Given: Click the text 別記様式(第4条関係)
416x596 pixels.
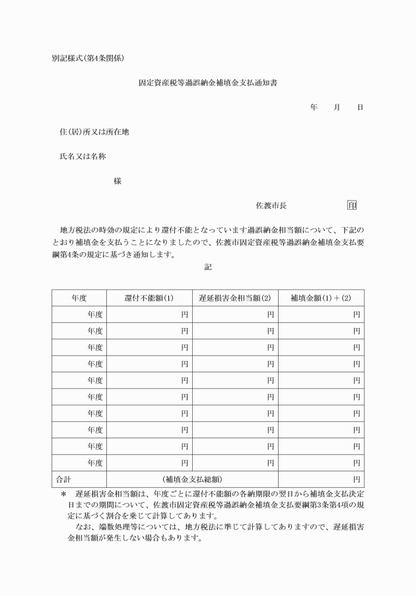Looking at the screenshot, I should [88, 57].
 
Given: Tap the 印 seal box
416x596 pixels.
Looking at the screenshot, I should [352, 205].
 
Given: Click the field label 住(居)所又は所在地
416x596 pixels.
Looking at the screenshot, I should [94, 131].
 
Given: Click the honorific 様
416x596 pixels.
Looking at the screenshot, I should [118, 181].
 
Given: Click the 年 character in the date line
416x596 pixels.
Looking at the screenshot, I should [314, 107].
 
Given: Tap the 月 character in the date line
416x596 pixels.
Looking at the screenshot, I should [337, 107].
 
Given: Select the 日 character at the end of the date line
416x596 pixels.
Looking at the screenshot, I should [360, 107].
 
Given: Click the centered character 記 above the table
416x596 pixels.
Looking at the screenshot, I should [208, 267].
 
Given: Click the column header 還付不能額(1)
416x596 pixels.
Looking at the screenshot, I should [149, 298].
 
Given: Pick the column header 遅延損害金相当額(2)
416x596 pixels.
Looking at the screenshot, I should [235, 298].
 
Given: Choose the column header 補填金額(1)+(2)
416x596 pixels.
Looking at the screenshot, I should [321, 298].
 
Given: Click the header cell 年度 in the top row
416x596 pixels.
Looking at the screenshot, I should [79, 298].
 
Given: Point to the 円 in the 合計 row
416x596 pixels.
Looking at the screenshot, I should [357, 479].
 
